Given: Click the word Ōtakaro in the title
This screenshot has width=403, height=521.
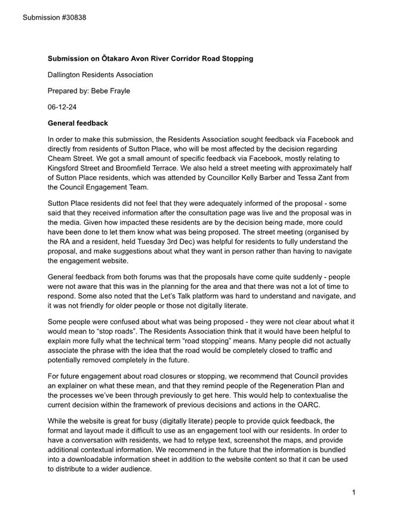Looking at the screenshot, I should (116, 58).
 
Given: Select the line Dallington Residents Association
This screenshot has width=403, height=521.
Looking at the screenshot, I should (100, 75).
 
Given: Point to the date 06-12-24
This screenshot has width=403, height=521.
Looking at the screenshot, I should (62, 107).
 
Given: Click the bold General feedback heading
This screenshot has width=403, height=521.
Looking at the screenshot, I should (78, 124).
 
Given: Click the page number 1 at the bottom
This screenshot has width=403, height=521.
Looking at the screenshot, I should (353, 492).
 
